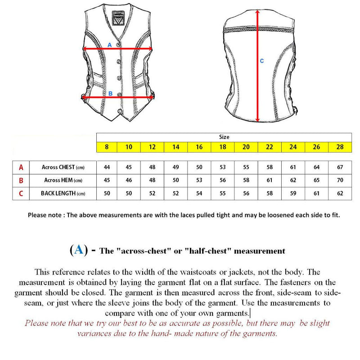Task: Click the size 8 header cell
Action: pos(107,147)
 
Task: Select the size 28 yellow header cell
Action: pos(340,147)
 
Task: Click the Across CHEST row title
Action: pos(63,167)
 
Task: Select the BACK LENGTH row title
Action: pos(63,193)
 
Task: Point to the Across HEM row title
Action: pos(63,180)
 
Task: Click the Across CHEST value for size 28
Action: pos(340,167)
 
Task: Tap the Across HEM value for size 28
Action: pos(340,180)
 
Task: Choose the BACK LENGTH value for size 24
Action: pos(293,193)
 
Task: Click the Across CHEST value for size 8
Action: pos(107,167)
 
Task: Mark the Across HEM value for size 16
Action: pos(200,180)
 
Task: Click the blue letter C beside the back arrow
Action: pos(262,61)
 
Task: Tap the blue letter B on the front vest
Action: pos(110,94)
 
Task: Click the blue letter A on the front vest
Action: pos(109,45)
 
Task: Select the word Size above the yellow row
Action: pos(224,137)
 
